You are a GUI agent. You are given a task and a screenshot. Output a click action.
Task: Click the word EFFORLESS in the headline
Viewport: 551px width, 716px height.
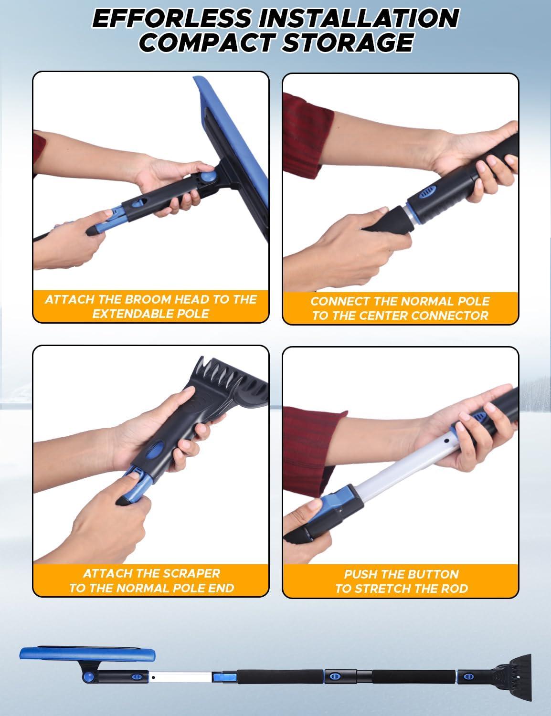click(x=171, y=18)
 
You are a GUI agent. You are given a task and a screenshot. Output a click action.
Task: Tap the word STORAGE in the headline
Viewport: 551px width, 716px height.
click(x=347, y=42)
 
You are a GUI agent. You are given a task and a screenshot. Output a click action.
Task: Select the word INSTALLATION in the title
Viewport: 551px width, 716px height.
click(x=359, y=18)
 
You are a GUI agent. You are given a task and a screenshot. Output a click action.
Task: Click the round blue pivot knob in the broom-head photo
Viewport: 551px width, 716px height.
click(x=208, y=178)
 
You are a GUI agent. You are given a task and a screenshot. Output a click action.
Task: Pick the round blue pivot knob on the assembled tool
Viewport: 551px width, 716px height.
click(x=88, y=677)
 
